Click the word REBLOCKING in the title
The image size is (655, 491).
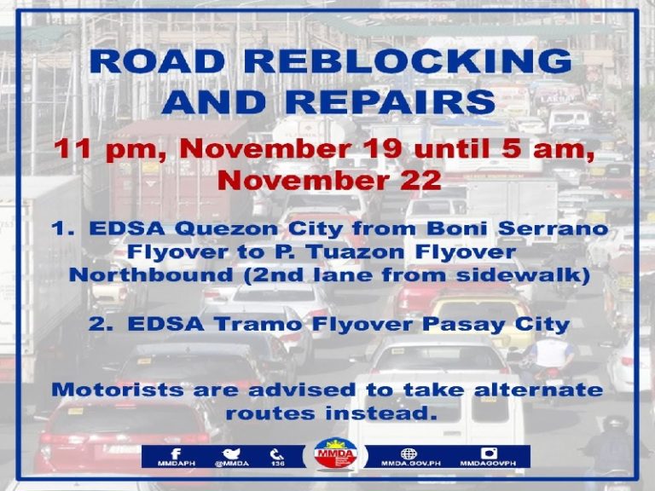tap(408, 61)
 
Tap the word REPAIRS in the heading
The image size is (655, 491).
tap(396, 101)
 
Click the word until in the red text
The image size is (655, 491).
tap(452, 148)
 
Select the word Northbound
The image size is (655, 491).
tap(151, 275)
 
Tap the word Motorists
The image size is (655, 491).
tap(118, 390)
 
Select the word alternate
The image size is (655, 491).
tap(538, 390)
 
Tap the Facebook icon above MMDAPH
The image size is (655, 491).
tap(176, 453)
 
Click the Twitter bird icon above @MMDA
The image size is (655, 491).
tap(231, 453)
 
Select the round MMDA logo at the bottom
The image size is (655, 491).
tap(335, 453)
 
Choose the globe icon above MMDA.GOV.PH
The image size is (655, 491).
tap(409, 453)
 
